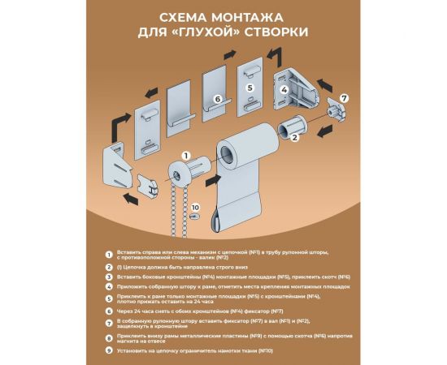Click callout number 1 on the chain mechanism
(x=186, y=154)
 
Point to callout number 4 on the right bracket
(x=284, y=91)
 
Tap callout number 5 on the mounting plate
(x=250, y=86)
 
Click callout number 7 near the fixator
(x=343, y=97)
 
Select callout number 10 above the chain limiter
(x=194, y=206)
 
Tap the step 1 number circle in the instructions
(x=111, y=254)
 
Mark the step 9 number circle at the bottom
(x=111, y=350)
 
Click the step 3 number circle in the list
(x=111, y=277)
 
